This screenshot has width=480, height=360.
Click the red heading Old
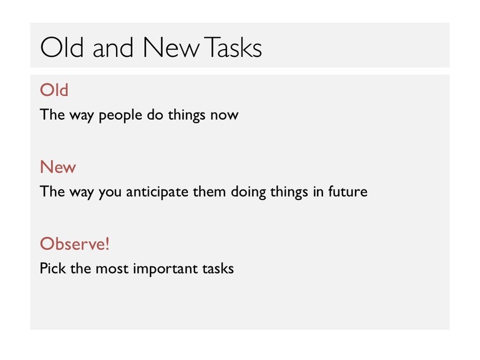(x=54, y=90)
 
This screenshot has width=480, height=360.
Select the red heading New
(x=58, y=167)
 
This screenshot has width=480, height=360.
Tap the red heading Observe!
(x=75, y=244)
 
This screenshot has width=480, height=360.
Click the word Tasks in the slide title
(x=233, y=47)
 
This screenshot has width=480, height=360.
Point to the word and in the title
(x=113, y=47)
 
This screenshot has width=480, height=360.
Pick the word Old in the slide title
(x=62, y=47)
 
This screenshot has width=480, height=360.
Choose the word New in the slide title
(x=171, y=47)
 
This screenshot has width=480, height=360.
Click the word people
(x=120, y=115)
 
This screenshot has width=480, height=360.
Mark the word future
(x=348, y=191)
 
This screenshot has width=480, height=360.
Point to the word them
(x=209, y=191)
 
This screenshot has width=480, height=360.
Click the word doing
(x=248, y=192)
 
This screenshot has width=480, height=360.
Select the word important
(x=165, y=269)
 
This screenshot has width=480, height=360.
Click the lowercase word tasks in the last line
(x=218, y=268)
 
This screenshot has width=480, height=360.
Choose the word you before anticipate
(x=110, y=193)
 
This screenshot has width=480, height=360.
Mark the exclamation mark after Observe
(x=107, y=244)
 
